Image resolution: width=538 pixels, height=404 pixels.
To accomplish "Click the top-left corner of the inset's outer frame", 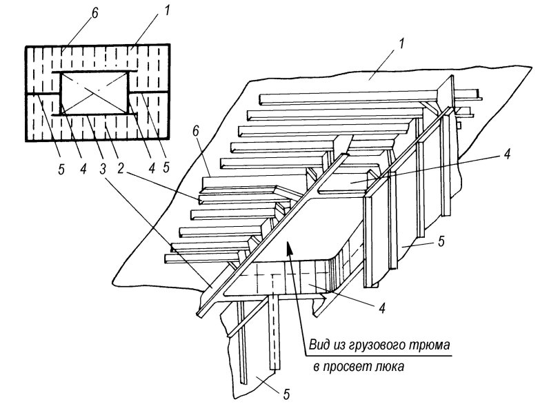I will coord(26,46).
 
